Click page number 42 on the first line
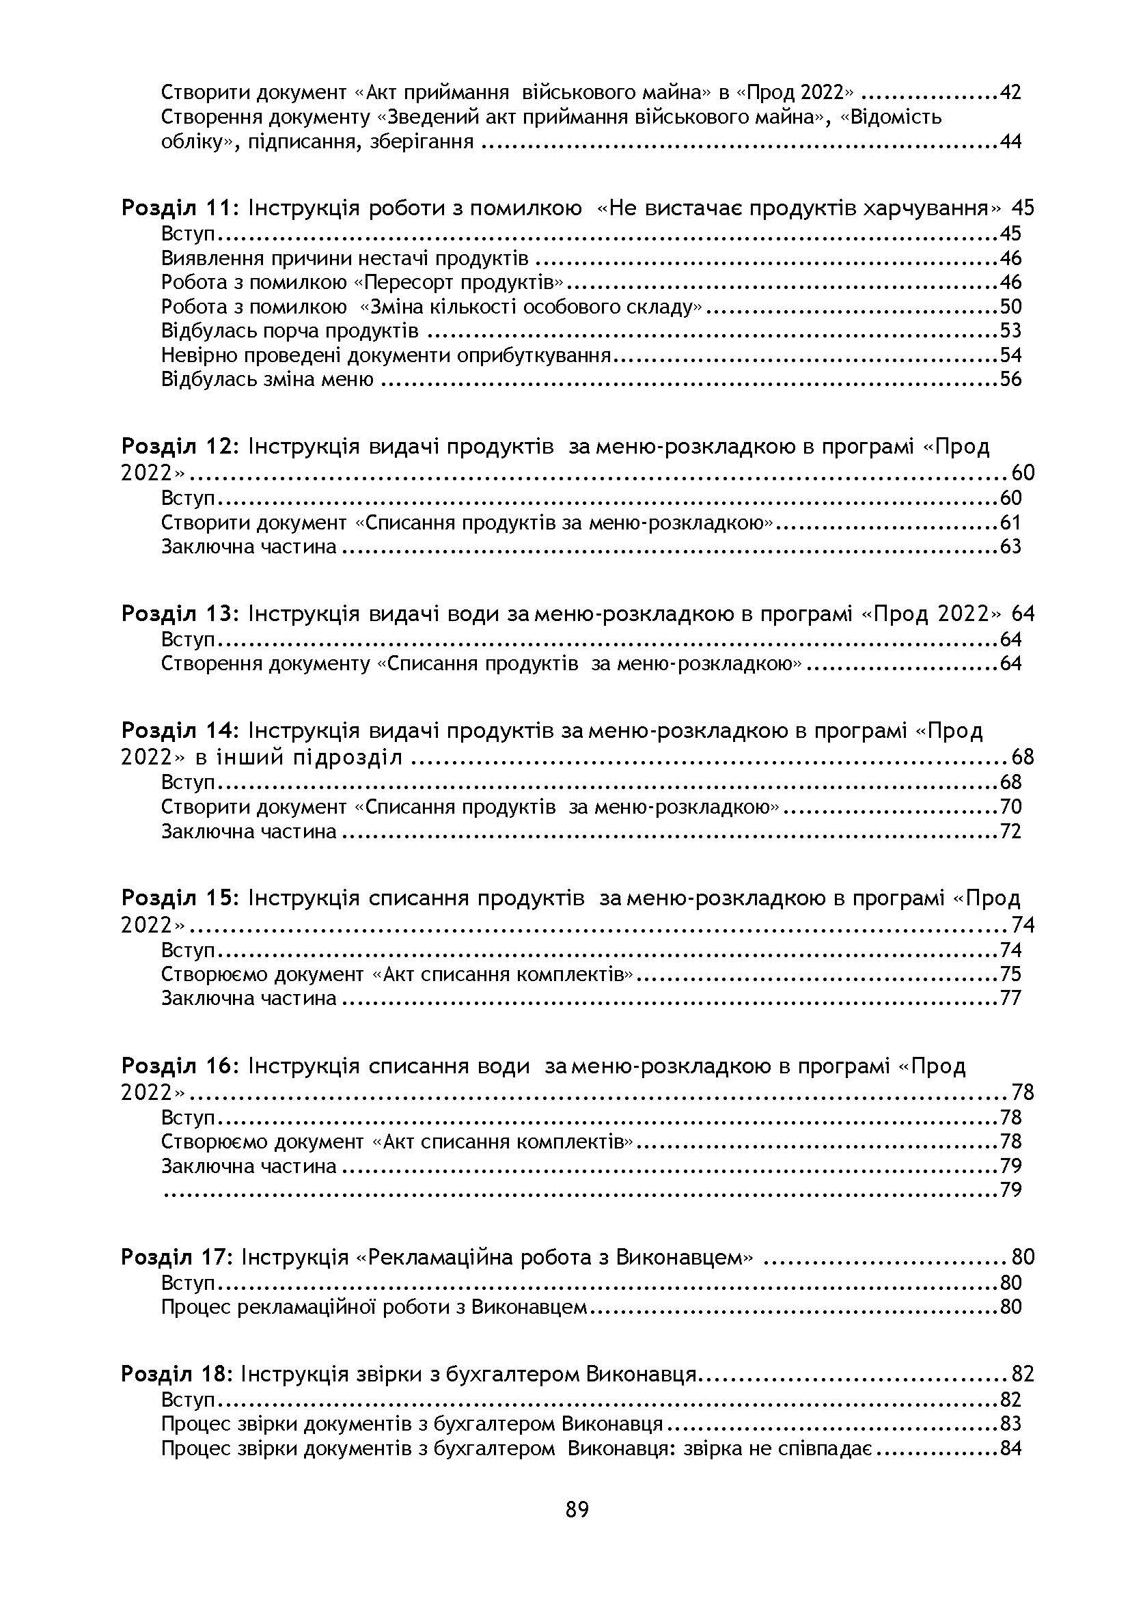click(x=1010, y=92)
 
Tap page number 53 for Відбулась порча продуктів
click(x=1010, y=331)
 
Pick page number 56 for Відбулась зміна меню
click(x=1010, y=379)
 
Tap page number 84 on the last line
click(x=1010, y=1448)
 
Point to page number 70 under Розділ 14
click(x=1010, y=807)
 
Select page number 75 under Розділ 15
click(x=1010, y=974)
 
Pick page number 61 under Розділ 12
click(x=1010, y=522)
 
